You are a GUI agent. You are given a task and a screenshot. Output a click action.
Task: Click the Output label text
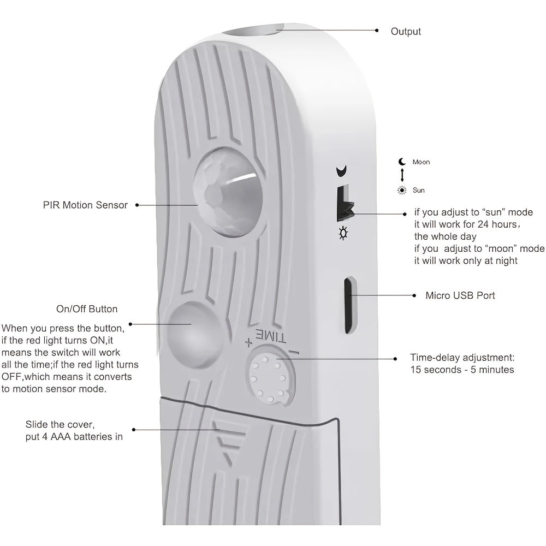tap(406, 32)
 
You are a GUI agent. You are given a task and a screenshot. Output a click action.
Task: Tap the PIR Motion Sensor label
tap(85, 205)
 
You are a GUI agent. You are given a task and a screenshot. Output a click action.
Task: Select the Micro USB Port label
tap(460, 295)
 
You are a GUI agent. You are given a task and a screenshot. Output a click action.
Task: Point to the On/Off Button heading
tap(87, 309)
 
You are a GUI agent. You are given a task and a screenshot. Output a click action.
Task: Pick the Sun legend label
tap(419, 191)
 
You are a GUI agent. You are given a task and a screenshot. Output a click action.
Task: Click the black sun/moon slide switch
tap(344, 204)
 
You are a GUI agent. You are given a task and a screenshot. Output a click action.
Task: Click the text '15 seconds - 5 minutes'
tap(462, 370)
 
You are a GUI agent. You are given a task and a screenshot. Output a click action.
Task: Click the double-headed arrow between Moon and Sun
tap(402, 176)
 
